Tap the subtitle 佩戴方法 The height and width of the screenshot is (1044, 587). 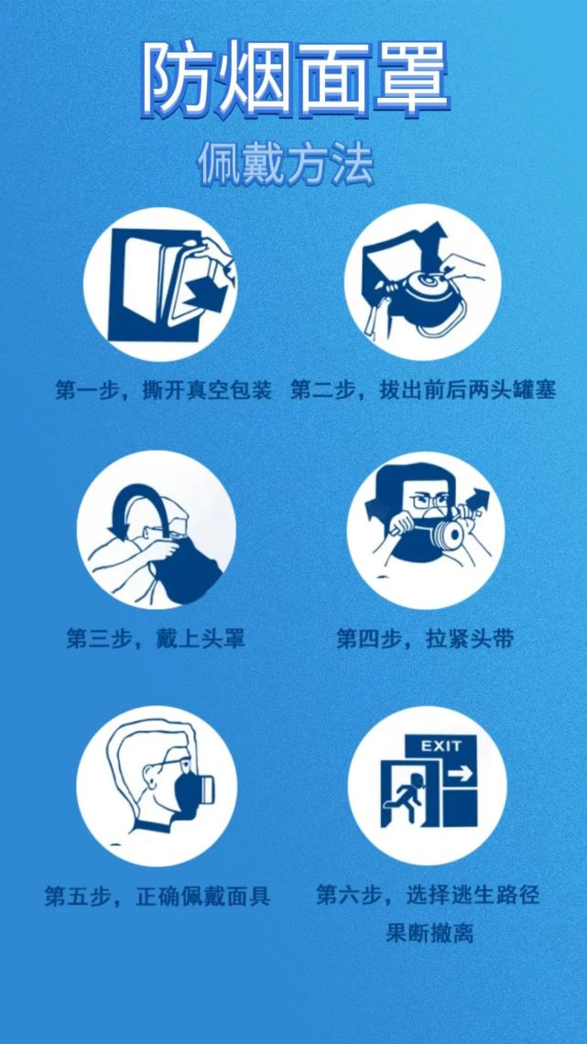[286, 165]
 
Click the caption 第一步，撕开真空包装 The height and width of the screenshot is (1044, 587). [164, 391]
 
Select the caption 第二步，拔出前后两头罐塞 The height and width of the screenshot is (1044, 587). [423, 391]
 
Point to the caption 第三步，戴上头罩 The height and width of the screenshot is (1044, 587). [156, 637]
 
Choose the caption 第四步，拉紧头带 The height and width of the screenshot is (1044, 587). [425, 637]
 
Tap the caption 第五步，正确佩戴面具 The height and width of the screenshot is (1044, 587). [158, 895]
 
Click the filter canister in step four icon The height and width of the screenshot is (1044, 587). [448, 534]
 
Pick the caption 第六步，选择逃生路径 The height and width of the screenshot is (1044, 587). [428, 895]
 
